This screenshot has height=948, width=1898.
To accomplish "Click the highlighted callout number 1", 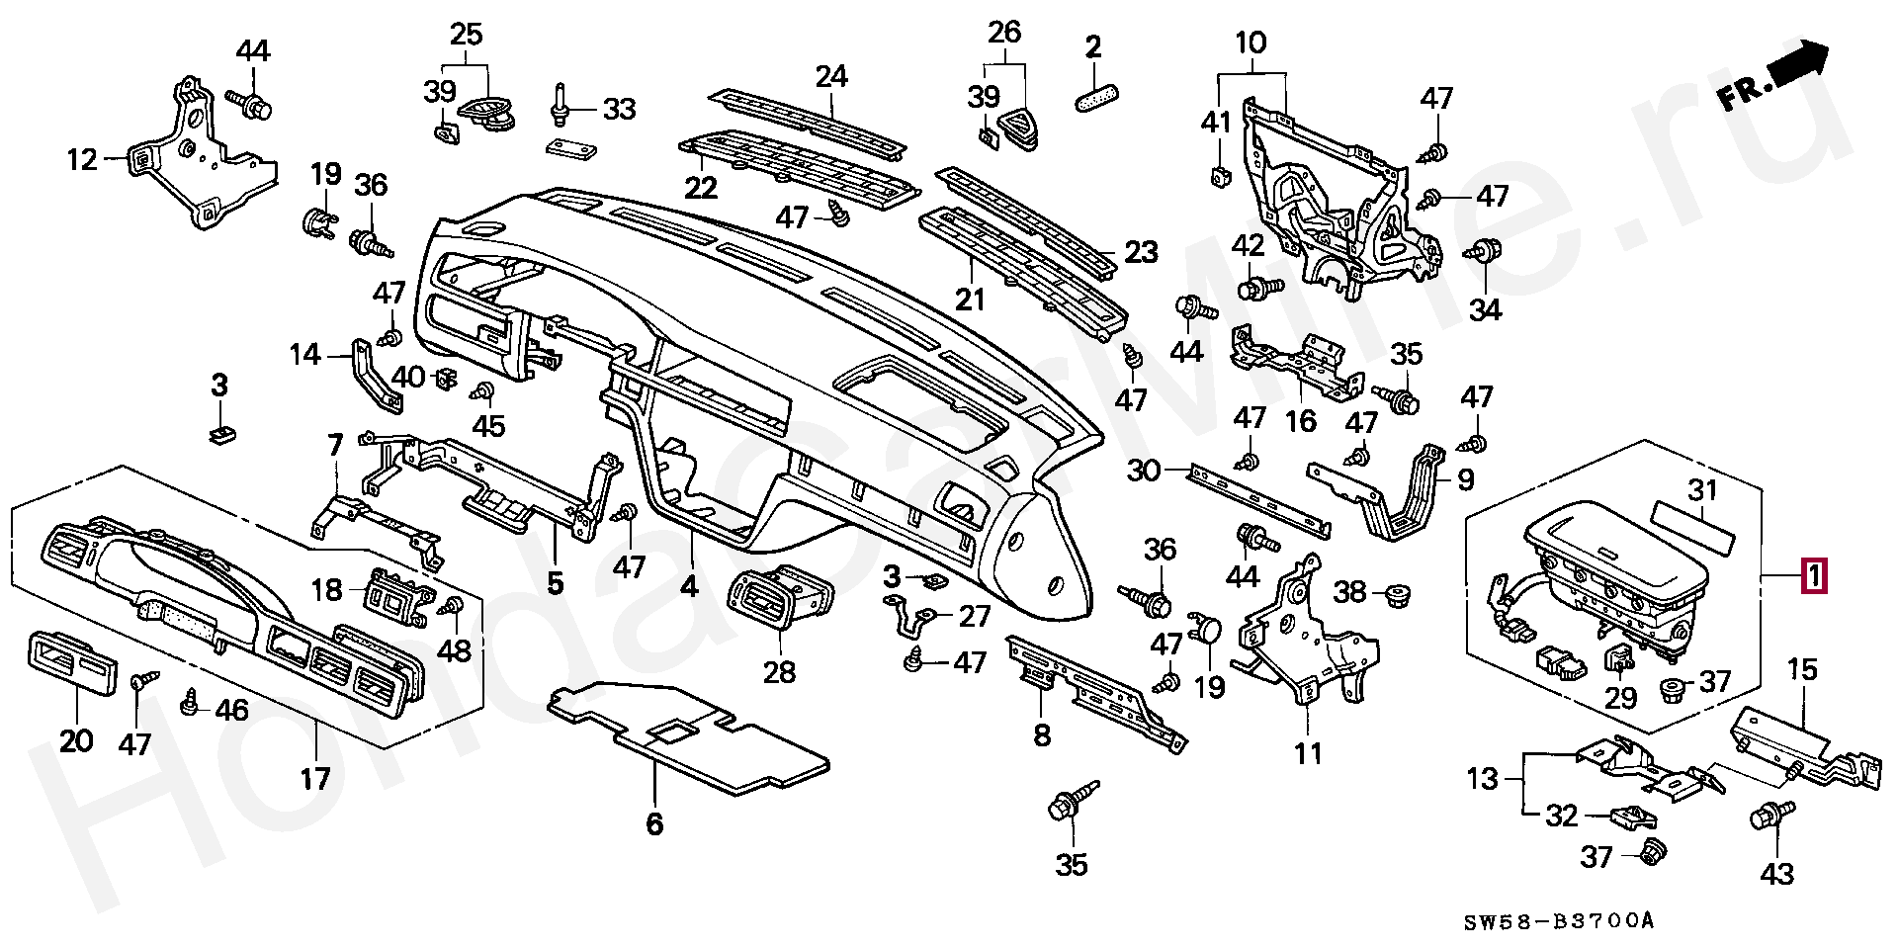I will (x=1815, y=575).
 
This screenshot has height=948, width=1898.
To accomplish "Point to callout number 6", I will (x=654, y=823).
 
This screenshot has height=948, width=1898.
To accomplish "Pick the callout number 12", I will (x=83, y=158).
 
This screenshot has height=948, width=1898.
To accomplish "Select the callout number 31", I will (x=1702, y=490).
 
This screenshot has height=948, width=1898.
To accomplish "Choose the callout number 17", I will (x=315, y=779).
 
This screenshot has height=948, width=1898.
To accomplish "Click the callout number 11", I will (x=1308, y=754).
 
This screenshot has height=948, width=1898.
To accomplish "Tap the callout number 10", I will (x=1251, y=43).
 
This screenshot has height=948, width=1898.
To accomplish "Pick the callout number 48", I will (x=455, y=649).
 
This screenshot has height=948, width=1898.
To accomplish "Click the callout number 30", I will (x=1143, y=472).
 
